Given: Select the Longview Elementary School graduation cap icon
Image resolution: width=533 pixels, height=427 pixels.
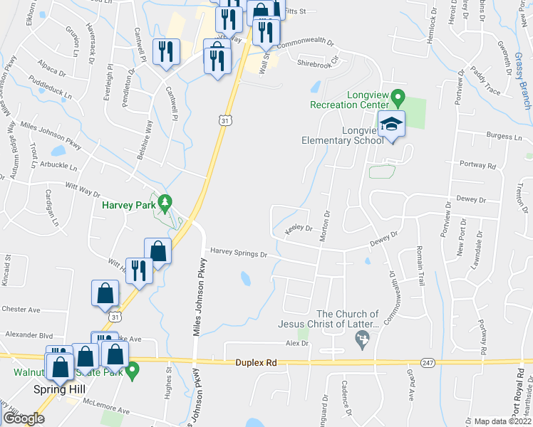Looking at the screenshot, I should tap(390, 125).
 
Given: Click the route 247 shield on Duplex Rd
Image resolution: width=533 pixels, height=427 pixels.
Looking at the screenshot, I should tap(428, 363).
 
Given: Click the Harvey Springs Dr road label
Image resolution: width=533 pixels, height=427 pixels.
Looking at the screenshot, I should tap(237, 253).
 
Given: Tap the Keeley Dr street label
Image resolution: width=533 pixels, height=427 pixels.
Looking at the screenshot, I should tap(299, 229).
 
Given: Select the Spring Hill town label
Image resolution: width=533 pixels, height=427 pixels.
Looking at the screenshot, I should tap(59, 389).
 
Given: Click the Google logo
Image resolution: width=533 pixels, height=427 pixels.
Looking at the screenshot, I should tap(24, 418).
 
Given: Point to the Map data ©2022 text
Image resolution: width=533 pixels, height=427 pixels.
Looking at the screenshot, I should tap(502, 421).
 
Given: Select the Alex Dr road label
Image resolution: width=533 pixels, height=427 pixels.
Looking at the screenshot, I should tap(296, 343).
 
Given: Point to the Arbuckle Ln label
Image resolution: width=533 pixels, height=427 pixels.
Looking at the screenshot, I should tap(59, 165).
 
